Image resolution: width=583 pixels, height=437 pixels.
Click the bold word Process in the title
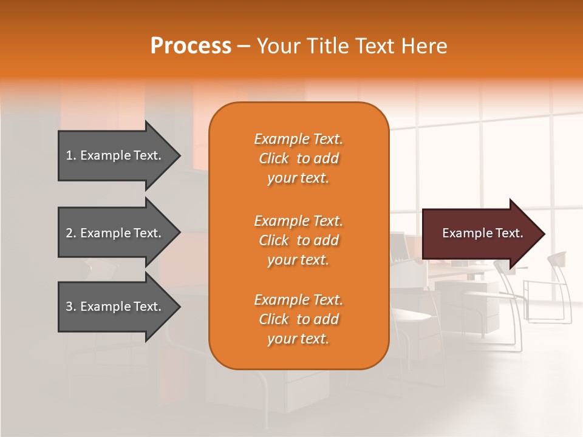click(191, 46)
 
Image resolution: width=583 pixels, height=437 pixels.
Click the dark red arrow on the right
click(480, 233)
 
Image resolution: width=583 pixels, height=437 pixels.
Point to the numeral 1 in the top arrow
click(69, 155)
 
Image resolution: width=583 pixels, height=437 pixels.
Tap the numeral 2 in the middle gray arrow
click(69, 233)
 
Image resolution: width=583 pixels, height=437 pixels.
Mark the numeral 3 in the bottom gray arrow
click(69, 307)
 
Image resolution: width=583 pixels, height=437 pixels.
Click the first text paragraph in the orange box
click(298, 158)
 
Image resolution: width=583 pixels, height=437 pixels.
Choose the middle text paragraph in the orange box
click(298, 240)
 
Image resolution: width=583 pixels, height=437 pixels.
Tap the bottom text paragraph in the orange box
click(298, 319)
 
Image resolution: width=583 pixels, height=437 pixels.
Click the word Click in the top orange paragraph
click(273, 159)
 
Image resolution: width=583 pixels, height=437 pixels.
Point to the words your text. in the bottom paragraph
click(298, 339)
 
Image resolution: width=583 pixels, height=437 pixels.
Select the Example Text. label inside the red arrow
click(482, 233)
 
